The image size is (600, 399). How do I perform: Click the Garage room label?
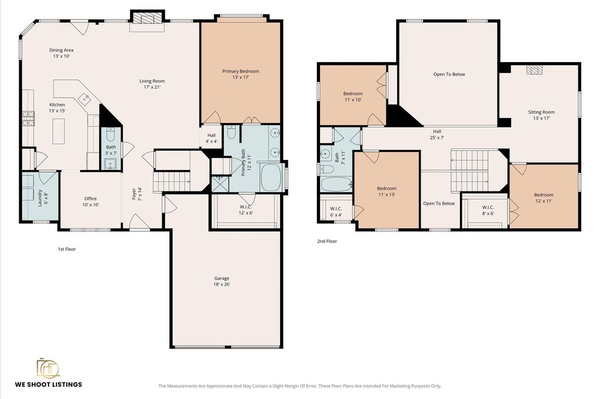222,281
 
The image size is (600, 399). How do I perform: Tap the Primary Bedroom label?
241,74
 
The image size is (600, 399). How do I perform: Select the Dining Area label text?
61,53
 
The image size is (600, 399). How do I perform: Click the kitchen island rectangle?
59,131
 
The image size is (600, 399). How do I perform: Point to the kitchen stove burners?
28,118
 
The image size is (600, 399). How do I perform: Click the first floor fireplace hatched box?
147,18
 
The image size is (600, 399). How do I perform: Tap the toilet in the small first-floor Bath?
111,135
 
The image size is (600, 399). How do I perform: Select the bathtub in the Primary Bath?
271,177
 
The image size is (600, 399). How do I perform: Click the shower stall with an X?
220,183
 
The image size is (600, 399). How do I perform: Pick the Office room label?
91,202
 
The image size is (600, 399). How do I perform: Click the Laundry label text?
43,197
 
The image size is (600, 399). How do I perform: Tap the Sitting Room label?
541,115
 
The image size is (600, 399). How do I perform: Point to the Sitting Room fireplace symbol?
534,70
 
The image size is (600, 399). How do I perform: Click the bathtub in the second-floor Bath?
336,184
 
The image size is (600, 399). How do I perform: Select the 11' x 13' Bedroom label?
387,191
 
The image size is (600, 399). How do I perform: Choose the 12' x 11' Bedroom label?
544,198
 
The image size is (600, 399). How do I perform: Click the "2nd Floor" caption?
327,241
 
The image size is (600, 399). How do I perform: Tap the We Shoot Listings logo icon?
48,368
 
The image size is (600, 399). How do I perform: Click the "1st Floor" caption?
67,249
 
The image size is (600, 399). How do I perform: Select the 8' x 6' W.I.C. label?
488,210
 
